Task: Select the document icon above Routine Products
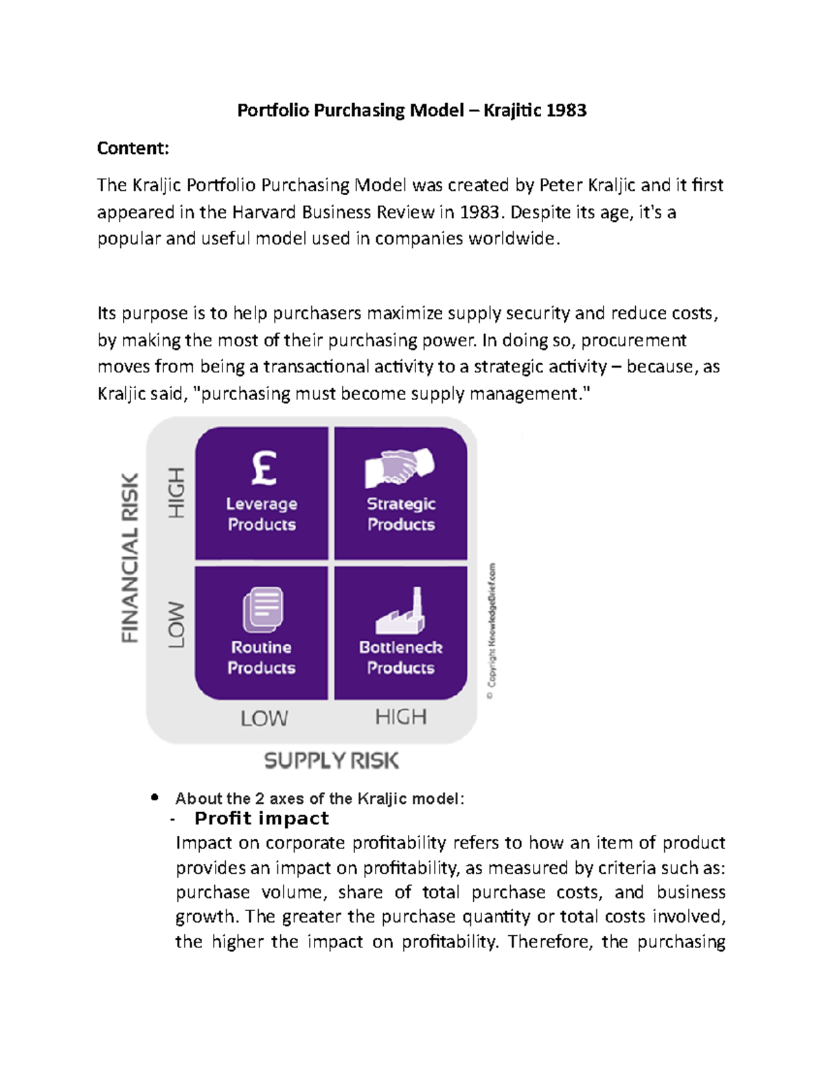coord(262,609)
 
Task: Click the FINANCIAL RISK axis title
coord(130,557)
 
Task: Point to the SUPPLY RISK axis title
coord(331,761)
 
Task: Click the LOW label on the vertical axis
coord(176,625)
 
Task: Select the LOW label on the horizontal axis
coord(264,719)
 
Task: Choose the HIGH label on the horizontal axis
coord(400,717)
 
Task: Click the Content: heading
coord(133,148)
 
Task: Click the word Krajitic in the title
coord(512,111)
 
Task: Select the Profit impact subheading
coord(262,818)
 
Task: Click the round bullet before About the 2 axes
coord(154,798)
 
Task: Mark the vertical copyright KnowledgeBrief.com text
coord(491,632)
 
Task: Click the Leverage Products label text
coord(262,514)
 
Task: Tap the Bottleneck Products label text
coord(400,658)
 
